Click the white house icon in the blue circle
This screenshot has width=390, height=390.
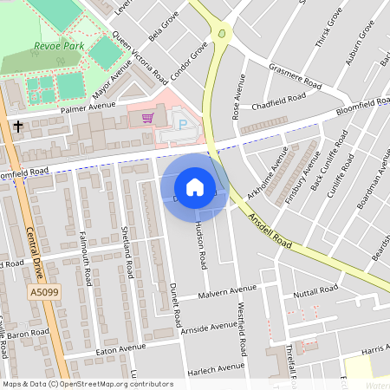(194, 187)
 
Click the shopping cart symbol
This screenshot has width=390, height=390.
(148, 118)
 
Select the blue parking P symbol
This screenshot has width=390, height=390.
(181, 125)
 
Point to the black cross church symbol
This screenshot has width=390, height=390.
(18, 127)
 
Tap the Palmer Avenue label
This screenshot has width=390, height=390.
(88, 107)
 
